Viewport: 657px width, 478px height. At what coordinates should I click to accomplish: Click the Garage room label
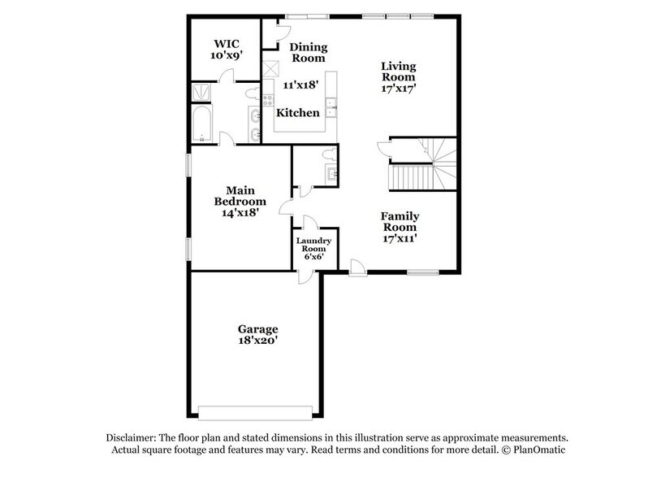[x=257, y=329]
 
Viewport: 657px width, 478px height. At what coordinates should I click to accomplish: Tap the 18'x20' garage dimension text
[x=257, y=341]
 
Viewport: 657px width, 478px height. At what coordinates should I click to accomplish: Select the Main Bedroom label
[x=240, y=196]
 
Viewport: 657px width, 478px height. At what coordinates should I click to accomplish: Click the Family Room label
[x=400, y=222]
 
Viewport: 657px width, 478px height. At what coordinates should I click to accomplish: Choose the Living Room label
[x=400, y=72]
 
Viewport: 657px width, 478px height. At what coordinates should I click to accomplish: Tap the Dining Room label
[x=308, y=52]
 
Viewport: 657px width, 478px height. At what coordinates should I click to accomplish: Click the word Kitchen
[x=298, y=113]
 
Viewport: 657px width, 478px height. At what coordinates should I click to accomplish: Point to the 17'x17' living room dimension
[x=400, y=89]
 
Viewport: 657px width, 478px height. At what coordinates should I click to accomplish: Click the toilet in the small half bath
[x=328, y=154]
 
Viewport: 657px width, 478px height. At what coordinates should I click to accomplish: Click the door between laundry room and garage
[x=304, y=274]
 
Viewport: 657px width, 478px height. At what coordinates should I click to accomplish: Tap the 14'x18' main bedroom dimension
[x=240, y=213]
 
